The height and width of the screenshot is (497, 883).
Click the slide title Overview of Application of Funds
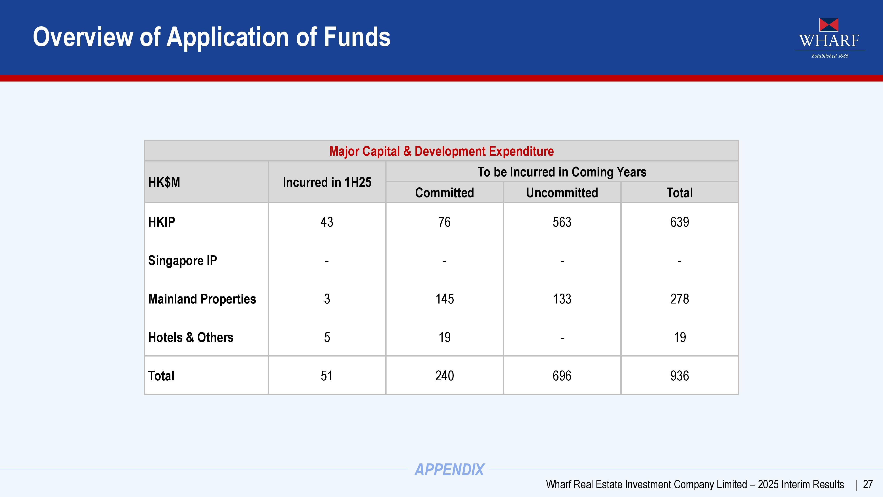click(211, 37)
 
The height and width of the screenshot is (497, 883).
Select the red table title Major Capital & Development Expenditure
click(441, 151)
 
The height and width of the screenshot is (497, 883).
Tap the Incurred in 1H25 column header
click(327, 182)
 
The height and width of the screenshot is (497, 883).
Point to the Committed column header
click(444, 193)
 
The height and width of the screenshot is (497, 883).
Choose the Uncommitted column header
click(562, 193)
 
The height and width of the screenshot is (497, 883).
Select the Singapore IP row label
click(182, 261)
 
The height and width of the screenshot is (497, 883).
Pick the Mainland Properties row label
click(202, 299)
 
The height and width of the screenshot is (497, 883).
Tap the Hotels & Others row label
click(191, 338)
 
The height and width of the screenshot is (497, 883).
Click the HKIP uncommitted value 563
click(562, 222)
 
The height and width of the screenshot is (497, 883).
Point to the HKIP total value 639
click(679, 222)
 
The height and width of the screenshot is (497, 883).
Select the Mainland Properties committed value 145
click(445, 299)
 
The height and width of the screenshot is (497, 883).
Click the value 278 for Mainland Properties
click(679, 299)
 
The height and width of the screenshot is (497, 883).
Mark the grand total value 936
click(679, 376)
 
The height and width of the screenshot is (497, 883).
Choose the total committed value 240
click(445, 376)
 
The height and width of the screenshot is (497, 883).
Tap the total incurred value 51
click(327, 376)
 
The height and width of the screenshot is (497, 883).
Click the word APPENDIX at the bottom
click(449, 470)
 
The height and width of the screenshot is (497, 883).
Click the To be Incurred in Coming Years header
click(562, 172)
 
